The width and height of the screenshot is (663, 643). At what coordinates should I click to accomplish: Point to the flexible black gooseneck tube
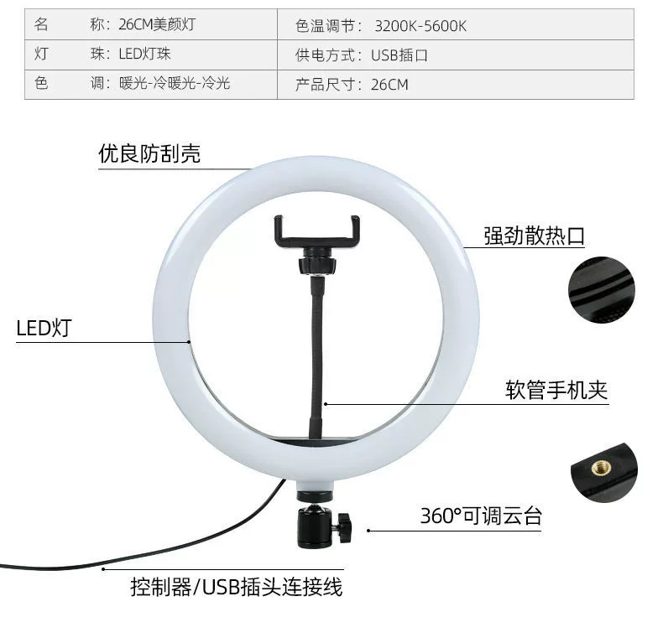316,359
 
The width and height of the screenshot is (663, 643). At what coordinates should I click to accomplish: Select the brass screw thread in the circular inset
598,467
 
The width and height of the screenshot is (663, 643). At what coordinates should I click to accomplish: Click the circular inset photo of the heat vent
601,290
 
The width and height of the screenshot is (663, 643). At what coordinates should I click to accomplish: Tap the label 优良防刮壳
149,153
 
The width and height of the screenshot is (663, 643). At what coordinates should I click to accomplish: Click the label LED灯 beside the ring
44,328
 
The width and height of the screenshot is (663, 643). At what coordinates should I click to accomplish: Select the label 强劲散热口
534,236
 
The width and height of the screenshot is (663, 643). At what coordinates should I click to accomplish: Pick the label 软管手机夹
556,390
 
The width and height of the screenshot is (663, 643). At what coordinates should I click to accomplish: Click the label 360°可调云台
481,516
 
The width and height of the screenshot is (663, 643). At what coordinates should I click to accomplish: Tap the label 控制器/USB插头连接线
237,587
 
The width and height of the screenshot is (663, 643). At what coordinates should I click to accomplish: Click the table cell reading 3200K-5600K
420,26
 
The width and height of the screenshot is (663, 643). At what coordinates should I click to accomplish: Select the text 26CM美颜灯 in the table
157,24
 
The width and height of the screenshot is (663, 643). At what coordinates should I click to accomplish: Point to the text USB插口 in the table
399,55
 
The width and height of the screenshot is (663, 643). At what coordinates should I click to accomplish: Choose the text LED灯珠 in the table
144,54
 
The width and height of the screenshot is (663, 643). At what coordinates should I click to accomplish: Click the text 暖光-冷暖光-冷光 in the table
175,83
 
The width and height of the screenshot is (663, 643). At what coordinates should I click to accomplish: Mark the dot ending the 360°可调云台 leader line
368,531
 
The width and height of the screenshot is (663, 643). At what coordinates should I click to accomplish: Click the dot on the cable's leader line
102,569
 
